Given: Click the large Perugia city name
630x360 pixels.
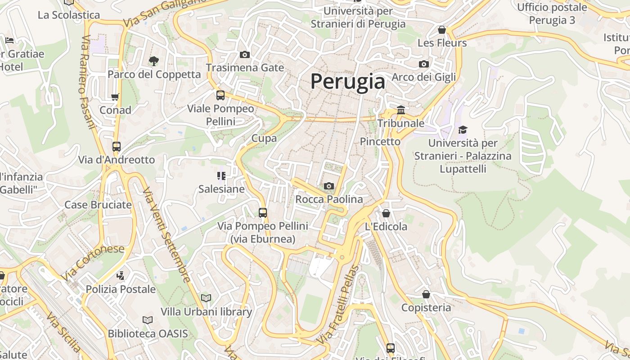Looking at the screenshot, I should click(347, 82).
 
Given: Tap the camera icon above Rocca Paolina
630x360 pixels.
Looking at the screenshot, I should click(329, 186).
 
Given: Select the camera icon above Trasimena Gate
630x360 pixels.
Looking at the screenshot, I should click(245, 54).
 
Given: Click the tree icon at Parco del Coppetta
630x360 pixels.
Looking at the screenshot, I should click(154, 61).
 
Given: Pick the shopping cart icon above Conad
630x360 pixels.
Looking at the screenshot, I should click(115, 97).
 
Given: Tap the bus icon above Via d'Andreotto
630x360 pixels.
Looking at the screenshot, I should click(116, 146).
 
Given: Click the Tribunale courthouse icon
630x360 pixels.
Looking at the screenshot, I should click(400, 110).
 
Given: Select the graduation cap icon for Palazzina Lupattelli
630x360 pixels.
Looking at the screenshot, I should click(463, 130).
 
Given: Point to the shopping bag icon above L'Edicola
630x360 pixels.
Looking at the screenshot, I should click(386, 213).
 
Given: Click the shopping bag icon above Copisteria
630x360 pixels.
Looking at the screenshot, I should click(426, 294).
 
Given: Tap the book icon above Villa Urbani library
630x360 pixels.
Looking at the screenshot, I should click(206, 298).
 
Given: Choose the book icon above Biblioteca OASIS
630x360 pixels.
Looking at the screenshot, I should click(148, 320).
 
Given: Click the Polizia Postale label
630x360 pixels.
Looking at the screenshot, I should click(121, 289).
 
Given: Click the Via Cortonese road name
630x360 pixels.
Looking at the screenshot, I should click(93, 262).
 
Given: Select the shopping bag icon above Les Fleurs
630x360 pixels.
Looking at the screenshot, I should click(442, 30).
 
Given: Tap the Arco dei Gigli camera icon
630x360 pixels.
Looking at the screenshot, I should click(423, 64).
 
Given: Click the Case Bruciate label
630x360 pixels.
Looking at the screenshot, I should click(98, 205).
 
